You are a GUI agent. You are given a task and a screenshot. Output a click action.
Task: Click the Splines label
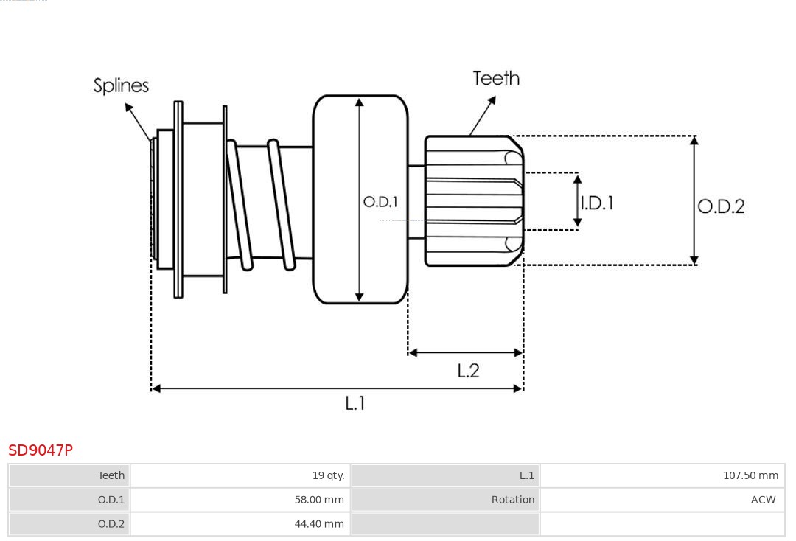click(121, 85)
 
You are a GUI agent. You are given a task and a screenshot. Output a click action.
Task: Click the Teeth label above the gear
click(496, 78)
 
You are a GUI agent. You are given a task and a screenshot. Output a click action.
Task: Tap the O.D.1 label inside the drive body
click(380, 201)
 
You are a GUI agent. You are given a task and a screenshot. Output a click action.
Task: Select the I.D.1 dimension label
click(597, 203)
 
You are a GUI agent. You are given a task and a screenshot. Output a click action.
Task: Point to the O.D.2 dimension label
click(721, 206)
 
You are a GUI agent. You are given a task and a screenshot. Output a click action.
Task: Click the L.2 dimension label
click(468, 370)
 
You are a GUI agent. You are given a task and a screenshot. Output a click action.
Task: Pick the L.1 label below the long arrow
click(355, 402)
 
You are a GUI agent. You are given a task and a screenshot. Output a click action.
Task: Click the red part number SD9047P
click(41, 450)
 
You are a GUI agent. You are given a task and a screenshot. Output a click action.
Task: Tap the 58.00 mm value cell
click(319, 500)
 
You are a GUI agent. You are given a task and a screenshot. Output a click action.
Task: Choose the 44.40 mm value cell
click(319, 524)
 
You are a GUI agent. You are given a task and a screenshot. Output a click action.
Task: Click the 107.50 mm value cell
click(750, 475)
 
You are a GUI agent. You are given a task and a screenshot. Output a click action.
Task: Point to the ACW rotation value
click(763, 500)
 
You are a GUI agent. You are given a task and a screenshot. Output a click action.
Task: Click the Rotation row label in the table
click(512, 500)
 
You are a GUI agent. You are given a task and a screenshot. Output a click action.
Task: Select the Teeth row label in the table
click(111, 475)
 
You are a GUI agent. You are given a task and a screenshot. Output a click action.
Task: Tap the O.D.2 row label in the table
click(111, 524)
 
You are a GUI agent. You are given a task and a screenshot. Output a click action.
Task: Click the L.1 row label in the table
click(526, 475)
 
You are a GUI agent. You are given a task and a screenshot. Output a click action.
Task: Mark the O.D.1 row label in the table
click(111, 500)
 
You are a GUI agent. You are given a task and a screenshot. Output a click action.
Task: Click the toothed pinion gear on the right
click(472, 200)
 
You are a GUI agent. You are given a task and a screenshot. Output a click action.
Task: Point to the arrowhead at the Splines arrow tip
click(128, 108)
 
